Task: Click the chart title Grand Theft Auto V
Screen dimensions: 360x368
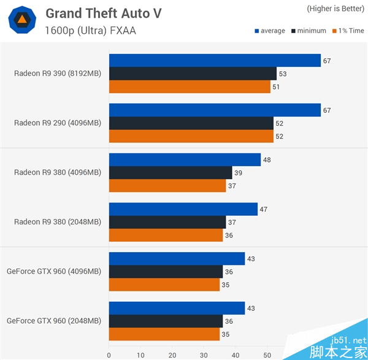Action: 103,13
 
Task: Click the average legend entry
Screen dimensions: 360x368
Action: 269,31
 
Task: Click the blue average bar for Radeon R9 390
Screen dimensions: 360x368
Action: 215,60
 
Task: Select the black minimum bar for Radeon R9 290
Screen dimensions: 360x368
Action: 191,123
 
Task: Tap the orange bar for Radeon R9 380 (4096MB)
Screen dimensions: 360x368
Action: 167,186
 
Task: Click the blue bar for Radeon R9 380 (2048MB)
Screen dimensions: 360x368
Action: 183,210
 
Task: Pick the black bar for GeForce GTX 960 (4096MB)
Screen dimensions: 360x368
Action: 166,272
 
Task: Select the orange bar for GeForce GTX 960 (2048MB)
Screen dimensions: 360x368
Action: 164,334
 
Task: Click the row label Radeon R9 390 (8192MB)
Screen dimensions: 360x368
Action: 58,74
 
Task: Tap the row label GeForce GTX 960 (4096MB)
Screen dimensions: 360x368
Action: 54,272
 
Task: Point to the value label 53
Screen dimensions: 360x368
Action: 283,74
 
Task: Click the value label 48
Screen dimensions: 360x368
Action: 267,160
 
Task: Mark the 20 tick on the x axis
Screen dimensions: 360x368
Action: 172,354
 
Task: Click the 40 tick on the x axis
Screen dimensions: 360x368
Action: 236,354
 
